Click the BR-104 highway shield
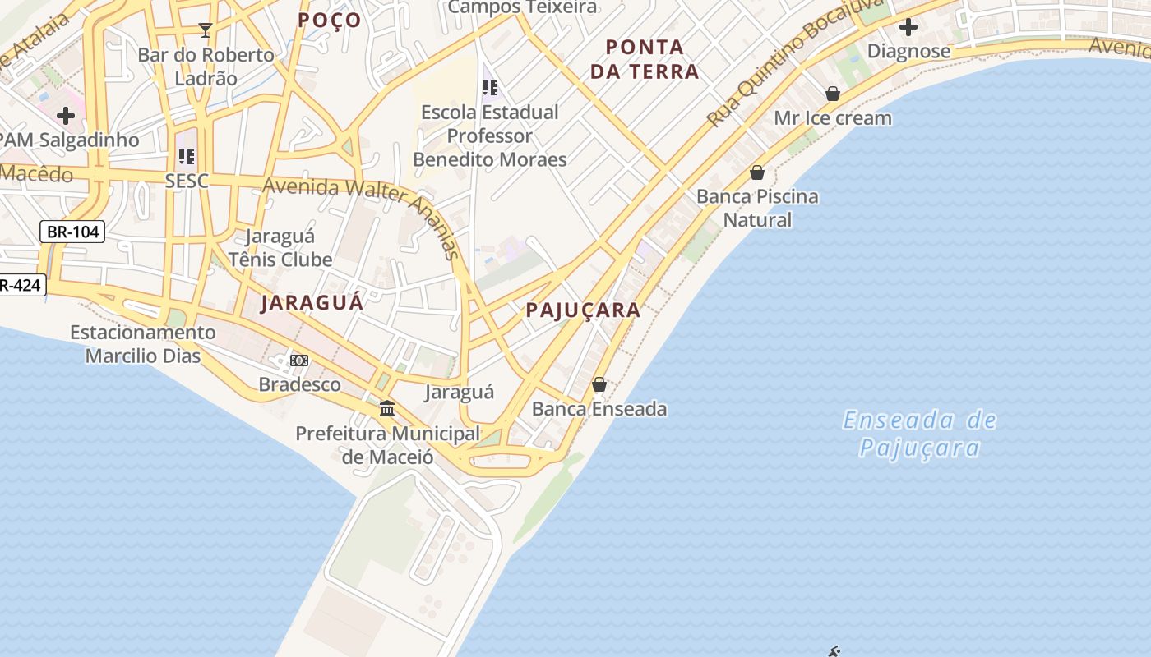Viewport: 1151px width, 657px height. [x=72, y=232]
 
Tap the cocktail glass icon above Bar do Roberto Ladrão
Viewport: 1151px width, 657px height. [x=206, y=30]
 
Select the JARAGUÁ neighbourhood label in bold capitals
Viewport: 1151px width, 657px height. [x=312, y=302]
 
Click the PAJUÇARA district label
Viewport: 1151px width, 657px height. [x=583, y=310]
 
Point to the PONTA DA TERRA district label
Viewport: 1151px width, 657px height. [x=645, y=59]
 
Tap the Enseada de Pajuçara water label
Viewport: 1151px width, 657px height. [x=919, y=434]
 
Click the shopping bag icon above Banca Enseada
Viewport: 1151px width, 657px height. [x=599, y=384]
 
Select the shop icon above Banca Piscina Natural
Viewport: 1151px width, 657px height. [x=757, y=172]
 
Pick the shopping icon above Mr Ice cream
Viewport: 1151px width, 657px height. [x=833, y=94]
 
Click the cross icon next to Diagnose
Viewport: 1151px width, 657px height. [x=908, y=27]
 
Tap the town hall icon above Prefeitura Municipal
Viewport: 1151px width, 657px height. [x=386, y=408]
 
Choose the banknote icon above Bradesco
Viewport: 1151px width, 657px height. [x=299, y=361]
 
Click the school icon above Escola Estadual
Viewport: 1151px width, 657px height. [x=490, y=87]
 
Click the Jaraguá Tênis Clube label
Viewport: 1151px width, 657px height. [x=280, y=248]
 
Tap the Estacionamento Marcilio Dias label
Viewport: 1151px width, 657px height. [x=143, y=344]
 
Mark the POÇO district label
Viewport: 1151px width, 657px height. [x=330, y=20]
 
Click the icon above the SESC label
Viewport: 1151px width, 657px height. [x=187, y=156]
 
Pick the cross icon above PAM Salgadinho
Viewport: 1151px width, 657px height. [x=66, y=116]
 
